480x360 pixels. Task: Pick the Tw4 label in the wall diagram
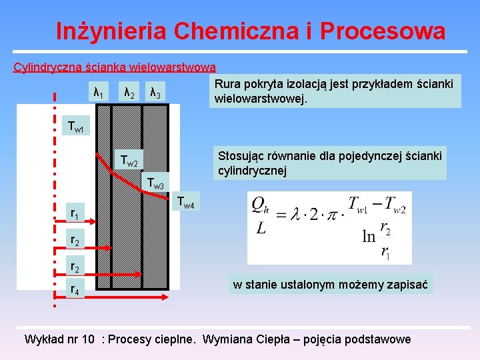[186, 202]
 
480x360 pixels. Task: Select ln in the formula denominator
[368, 237]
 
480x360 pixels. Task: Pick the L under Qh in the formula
[261, 229]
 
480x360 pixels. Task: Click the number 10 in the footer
[86, 339]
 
